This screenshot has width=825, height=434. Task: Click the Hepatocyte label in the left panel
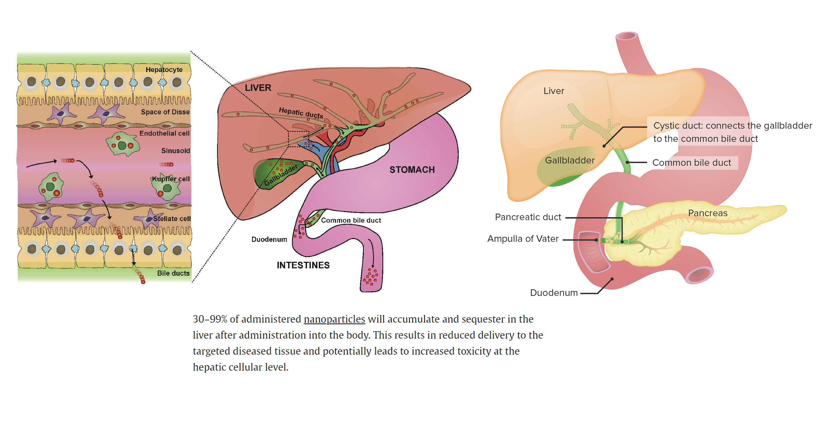pos(164,70)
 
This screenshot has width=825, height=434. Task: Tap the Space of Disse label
pos(165,112)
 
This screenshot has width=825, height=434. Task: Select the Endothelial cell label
pos(164,133)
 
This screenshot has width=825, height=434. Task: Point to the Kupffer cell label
pos(171,179)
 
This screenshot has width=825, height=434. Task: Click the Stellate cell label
pos(172,219)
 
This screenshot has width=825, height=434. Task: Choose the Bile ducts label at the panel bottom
pos(173,273)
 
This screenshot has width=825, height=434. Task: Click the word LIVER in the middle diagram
pos(258,88)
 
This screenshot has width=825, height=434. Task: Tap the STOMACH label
pos(412,170)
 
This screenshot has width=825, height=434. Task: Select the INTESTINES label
pos(303,265)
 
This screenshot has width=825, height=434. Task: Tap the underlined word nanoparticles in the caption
pos(334,319)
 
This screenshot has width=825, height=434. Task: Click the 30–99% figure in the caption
pos(210,319)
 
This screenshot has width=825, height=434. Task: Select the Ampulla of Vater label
pos(523,239)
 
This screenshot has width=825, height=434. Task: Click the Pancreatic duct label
pos(528,217)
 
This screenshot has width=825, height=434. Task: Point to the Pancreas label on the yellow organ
pos(707,213)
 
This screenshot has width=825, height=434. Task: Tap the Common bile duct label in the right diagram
pos(691,163)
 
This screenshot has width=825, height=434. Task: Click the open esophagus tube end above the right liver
pos(627,36)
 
